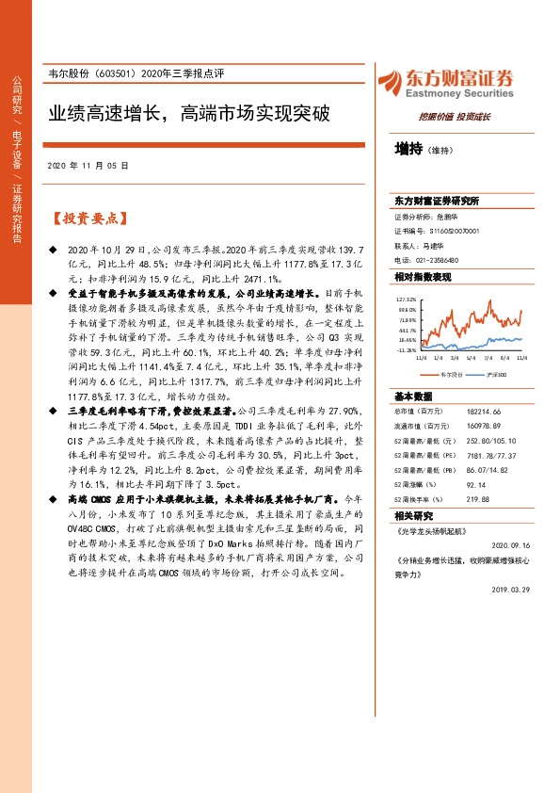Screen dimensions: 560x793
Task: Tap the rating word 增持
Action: (x=408, y=149)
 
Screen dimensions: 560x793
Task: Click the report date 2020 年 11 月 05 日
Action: (x=87, y=165)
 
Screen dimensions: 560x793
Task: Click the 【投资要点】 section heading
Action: (x=87, y=218)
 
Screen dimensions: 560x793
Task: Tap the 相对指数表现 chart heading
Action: (x=423, y=277)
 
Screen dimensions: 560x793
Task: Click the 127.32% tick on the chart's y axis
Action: (x=406, y=299)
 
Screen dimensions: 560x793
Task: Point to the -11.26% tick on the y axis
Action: (x=406, y=349)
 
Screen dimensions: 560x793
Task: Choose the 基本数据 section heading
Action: (x=413, y=397)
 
